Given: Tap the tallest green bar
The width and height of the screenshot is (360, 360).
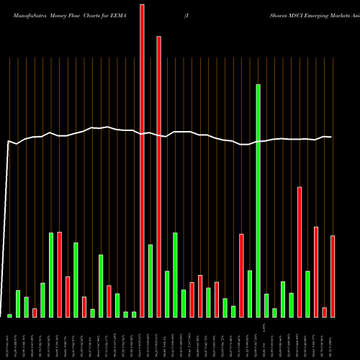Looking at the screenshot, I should (x=258, y=201).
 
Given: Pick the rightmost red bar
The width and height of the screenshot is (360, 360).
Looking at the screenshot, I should (x=333, y=276).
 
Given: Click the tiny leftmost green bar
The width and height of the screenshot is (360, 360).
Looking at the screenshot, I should (x=10, y=315).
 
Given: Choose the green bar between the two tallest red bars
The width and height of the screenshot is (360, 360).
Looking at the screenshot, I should (x=150, y=281).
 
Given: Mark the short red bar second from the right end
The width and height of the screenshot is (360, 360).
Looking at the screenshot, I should (x=324, y=312).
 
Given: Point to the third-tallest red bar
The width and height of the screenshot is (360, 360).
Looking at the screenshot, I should (x=300, y=252).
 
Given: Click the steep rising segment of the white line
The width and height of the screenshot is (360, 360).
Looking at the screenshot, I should (x=6, y=230).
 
